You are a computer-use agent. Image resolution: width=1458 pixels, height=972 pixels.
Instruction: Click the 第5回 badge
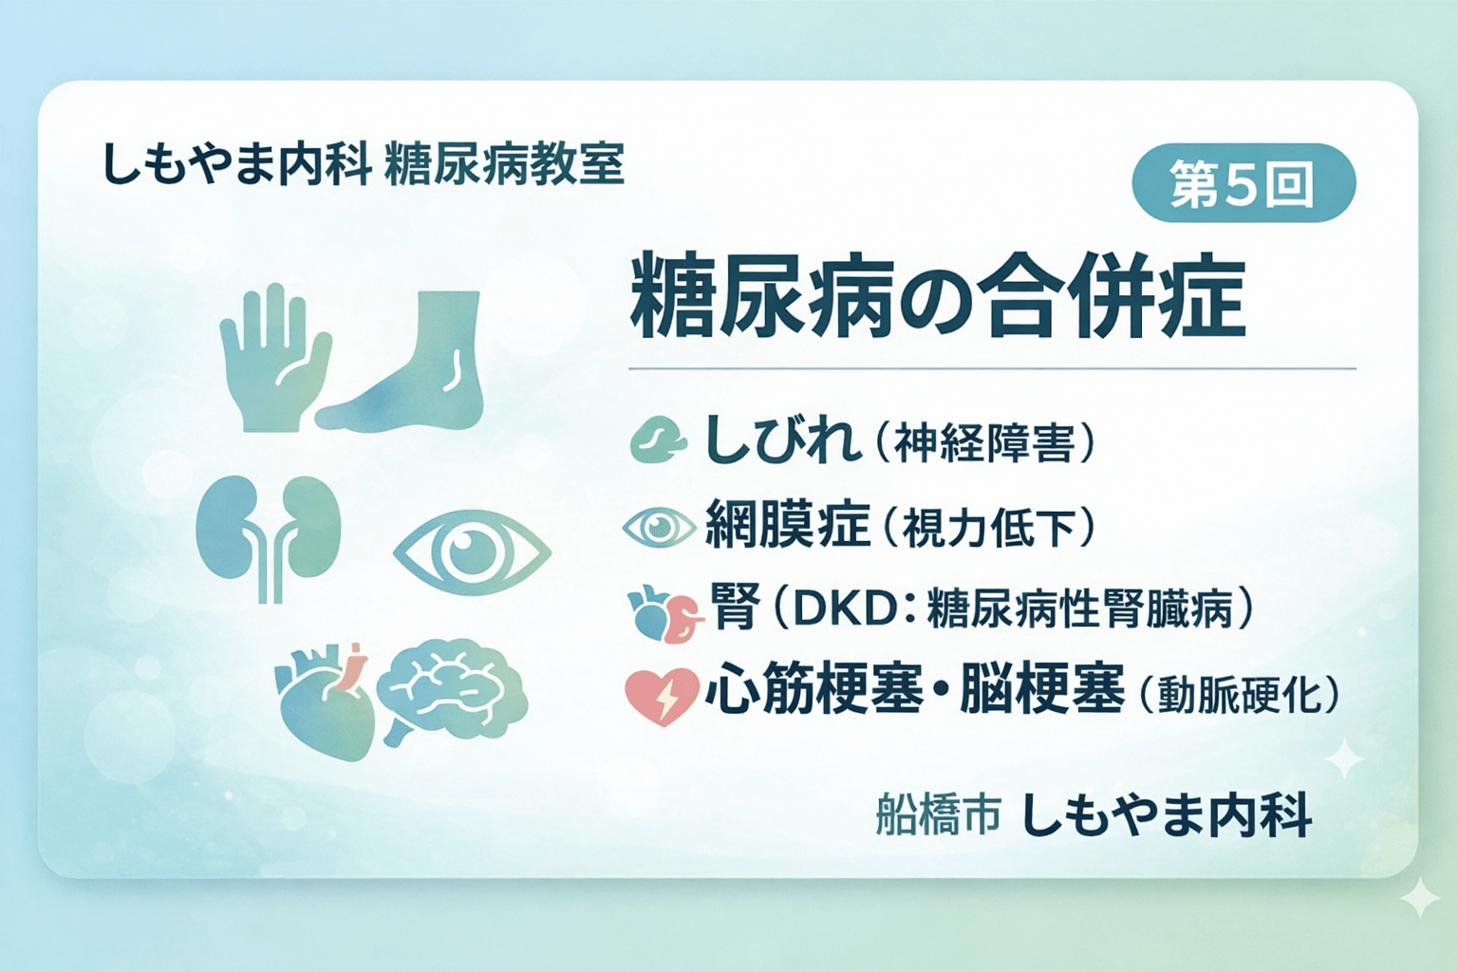tap(1243, 183)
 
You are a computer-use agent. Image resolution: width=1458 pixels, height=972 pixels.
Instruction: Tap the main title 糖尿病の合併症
tap(937, 296)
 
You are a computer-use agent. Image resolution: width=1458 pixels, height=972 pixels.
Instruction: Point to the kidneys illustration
tap(269, 532)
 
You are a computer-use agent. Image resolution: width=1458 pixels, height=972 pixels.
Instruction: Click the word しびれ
tap(782, 441)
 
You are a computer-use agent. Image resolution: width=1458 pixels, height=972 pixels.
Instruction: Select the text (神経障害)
tap(982, 444)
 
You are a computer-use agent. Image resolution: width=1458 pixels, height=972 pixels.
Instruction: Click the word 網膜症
tap(787, 525)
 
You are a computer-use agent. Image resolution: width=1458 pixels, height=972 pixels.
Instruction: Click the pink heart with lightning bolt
tap(662, 696)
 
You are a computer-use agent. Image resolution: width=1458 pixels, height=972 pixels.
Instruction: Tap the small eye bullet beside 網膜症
tap(659, 527)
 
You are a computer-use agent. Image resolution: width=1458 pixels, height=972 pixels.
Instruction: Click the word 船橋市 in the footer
tap(938, 816)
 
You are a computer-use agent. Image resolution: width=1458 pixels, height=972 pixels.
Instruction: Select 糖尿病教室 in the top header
tap(505, 164)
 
